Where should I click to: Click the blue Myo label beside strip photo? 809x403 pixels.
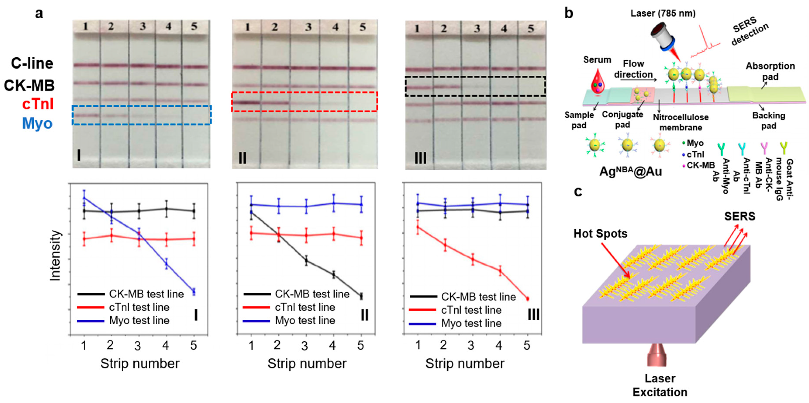point(37,123)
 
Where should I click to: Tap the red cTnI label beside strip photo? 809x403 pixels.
point(38,104)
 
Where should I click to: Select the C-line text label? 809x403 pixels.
point(32,63)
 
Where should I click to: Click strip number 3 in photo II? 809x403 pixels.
point(308,27)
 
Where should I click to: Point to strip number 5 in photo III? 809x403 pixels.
point(531,29)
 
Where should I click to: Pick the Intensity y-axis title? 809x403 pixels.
point(55,255)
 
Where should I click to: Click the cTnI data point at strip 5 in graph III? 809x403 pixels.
point(528,299)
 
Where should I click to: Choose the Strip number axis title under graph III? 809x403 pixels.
point(465,363)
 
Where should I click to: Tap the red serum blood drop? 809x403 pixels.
point(596,83)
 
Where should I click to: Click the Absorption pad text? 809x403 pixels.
point(770,71)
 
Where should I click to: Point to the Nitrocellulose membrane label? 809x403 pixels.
point(681,122)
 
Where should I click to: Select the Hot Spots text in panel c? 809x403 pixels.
point(600,234)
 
